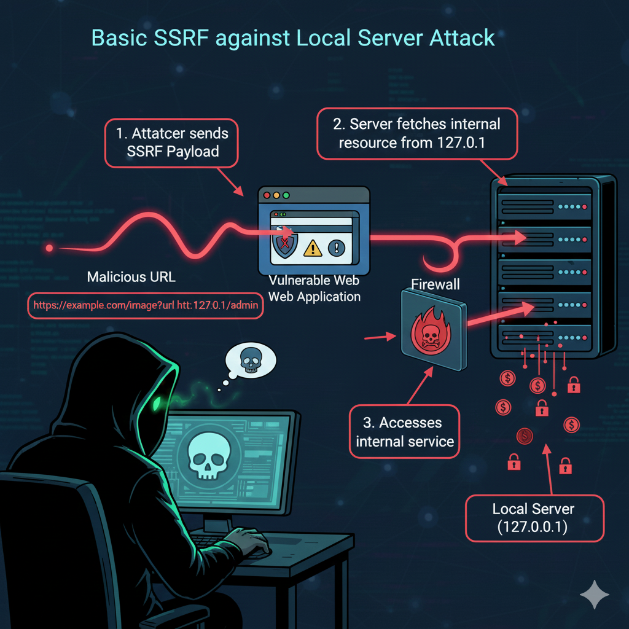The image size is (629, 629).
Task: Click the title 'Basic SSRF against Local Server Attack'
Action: click(293, 37)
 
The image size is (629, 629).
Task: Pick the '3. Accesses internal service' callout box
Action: click(405, 431)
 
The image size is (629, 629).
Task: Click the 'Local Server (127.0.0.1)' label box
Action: click(533, 518)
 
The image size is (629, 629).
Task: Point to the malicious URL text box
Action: click(146, 305)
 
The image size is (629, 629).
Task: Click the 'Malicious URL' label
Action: click(131, 277)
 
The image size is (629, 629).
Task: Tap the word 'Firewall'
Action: click(435, 285)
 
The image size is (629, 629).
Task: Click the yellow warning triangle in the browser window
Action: click(313, 247)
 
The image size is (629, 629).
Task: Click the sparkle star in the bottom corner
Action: click(594, 594)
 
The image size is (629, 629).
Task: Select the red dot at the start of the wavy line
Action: click(50, 248)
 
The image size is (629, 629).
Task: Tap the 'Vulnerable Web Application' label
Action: click(314, 289)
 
